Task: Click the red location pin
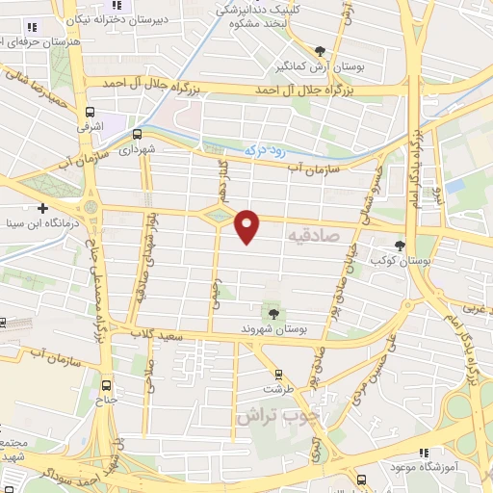(x=247, y=225)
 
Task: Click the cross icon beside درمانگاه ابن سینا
(x=42, y=208)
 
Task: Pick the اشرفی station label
(x=90, y=125)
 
